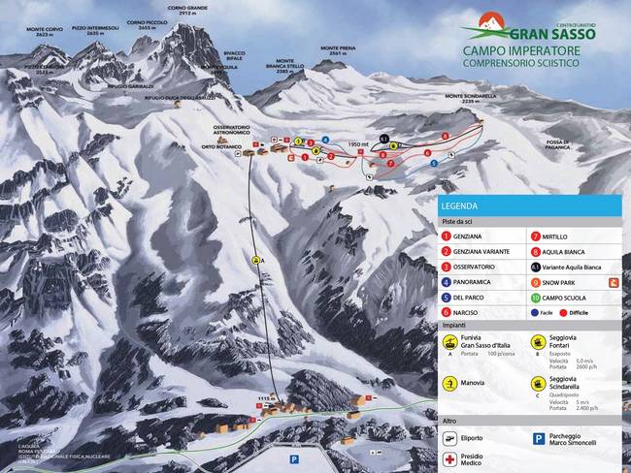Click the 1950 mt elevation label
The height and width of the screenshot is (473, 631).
pos(356,144)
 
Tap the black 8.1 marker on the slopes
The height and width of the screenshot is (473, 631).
pos(383,140)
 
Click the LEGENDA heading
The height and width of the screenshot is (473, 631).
pos(458,206)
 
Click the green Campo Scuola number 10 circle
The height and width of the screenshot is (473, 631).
pos(535,297)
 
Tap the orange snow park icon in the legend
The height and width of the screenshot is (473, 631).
pos(613,282)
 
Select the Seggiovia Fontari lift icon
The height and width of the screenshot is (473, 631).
pos(537,341)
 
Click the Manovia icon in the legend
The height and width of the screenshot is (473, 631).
pos(448,383)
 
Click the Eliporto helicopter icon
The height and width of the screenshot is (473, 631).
pos(448,438)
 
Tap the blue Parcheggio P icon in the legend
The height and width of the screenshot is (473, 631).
pos(538,438)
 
